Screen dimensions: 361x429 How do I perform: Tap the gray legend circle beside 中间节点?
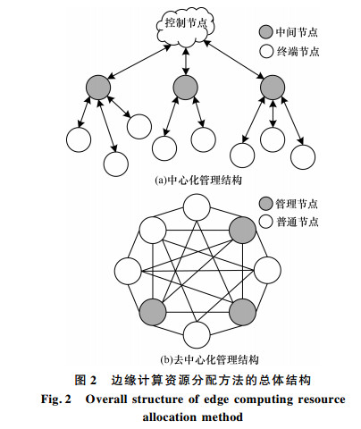(x=265, y=32)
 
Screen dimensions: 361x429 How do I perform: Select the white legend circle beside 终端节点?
(x=266, y=51)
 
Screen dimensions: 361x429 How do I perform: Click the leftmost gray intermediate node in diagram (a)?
(x=98, y=88)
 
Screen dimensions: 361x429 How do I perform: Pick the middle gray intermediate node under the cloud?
(x=186, y=88)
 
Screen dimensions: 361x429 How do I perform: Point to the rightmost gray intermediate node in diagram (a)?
(x=273, y=88)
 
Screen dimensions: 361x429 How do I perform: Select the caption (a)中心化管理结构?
(x=198, y=181)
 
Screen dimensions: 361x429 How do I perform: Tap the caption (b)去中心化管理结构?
(x=209, y=360)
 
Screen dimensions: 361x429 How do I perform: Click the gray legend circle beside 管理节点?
(x=265, y=204)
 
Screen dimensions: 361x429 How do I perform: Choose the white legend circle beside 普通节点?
(x=265, y=222)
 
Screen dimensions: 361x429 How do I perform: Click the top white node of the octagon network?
(x=197, y=207)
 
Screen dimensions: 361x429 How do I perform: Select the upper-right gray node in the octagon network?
(x=242, y=231)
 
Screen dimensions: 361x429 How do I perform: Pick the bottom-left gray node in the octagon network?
(x=153, y=312)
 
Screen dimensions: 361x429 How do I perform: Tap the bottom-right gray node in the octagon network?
(x=242, y=312)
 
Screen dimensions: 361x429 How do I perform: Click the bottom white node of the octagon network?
(x=197, y=335)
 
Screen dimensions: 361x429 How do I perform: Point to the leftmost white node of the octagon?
(x=128, y=271)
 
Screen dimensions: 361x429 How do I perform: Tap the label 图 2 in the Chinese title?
(x=86, y=380)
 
